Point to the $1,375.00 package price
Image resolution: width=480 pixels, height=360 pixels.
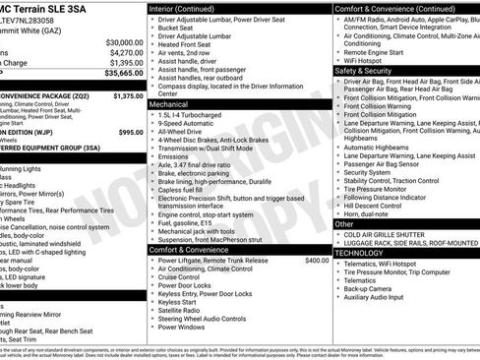[x=128, y=96]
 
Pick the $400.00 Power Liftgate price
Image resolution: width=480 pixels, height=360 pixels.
[x=317, y=261]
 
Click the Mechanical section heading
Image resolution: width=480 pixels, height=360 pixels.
[x=168, y=102]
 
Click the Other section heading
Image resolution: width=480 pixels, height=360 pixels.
[x=344, y=224]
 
